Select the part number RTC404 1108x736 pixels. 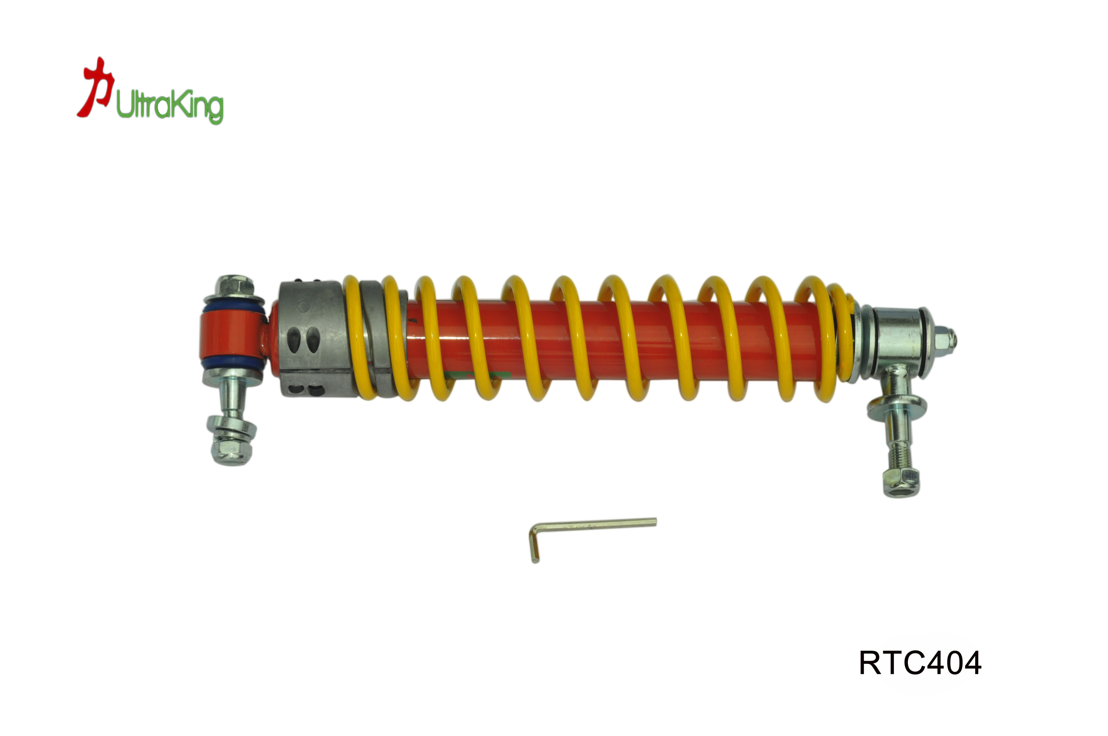point(920,663)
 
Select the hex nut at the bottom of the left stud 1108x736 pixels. point(231,451)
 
